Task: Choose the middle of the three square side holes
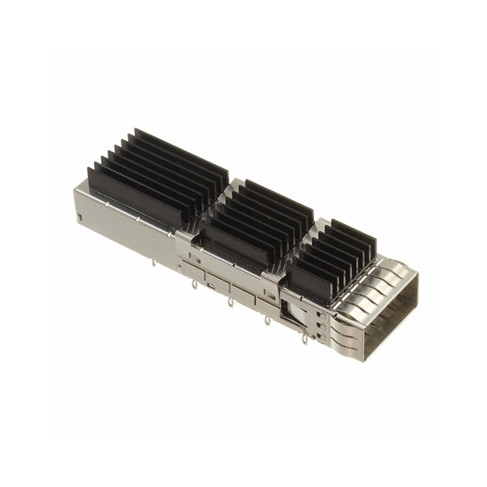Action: tap(319, 324)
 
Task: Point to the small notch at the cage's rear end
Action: tap(80, 217)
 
